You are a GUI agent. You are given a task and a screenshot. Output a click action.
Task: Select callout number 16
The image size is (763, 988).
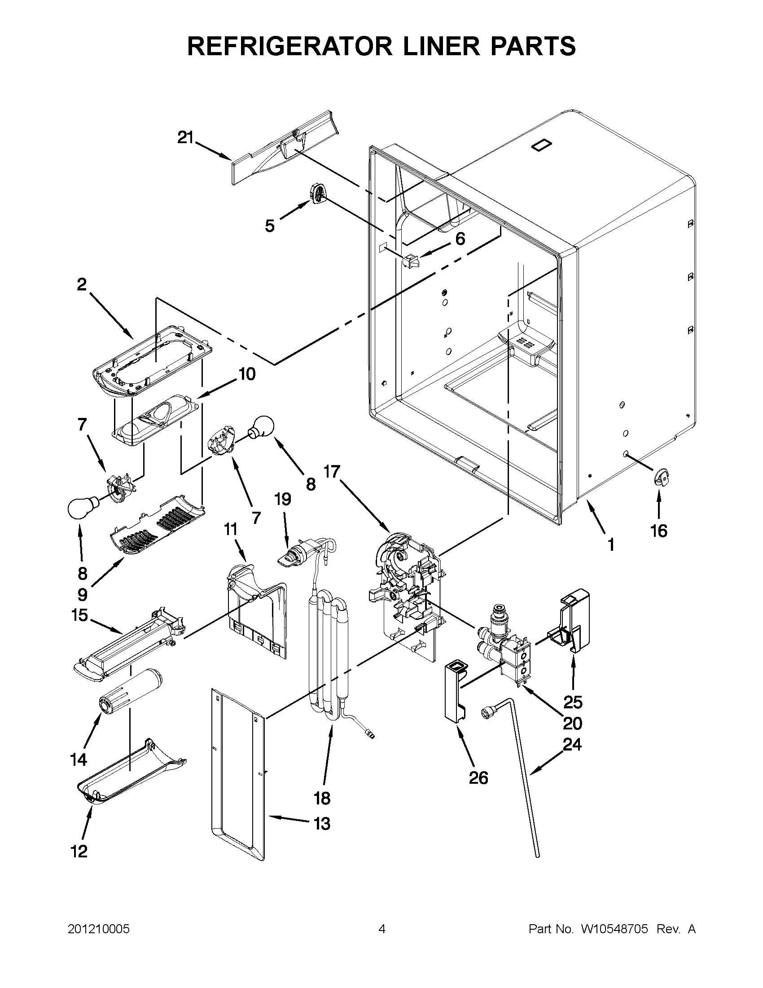[658, 531]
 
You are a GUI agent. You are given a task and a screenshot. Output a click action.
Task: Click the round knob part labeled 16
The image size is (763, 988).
[661, 477]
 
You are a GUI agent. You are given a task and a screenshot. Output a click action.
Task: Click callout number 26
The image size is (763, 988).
[478, 777]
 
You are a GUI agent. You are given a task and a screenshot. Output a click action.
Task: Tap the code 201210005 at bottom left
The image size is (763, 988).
[99, 929]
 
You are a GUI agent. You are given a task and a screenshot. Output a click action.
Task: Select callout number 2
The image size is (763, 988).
[81, 284]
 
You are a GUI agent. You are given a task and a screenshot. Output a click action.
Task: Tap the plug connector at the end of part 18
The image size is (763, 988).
[371, 735]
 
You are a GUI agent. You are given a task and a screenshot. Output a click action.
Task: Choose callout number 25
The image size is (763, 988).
[573, 702]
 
